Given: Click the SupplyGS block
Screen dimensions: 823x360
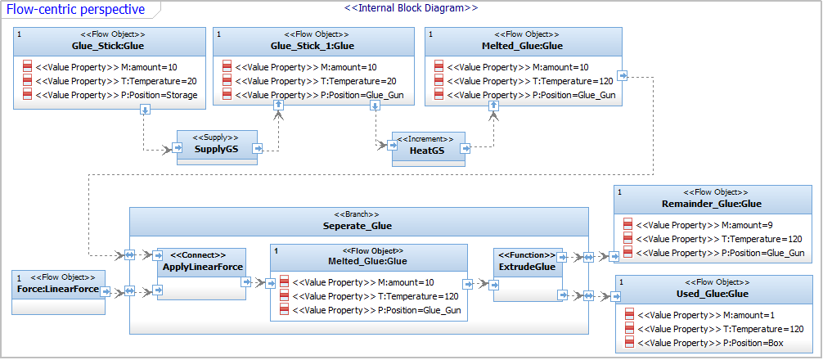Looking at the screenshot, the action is tap(218, 147).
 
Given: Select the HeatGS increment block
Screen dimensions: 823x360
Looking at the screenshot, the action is tap(429, 149).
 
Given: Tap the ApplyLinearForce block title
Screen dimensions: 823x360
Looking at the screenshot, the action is tap(203, 267).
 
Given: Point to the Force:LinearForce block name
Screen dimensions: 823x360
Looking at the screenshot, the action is tap(59, 289).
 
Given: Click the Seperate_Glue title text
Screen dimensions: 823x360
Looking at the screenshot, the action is tap(357, 226).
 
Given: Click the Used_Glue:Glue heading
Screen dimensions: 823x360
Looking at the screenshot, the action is tap(712, 294).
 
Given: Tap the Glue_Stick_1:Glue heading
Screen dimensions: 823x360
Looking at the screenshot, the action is tap(313, 46).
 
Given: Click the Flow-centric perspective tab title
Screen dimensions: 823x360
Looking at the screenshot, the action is tap(75, 9).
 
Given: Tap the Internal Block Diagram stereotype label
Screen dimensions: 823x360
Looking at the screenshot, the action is tap(411, 8).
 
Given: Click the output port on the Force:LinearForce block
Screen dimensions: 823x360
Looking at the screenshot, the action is tap(105, 291).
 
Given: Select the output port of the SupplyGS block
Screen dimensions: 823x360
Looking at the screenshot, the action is tap(257, 149).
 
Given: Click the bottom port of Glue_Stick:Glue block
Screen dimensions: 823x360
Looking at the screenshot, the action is tap(146, 109).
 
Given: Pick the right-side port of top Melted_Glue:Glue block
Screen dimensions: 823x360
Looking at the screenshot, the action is tap(622, 76).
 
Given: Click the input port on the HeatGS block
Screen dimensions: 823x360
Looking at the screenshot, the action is tap(393, 146).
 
